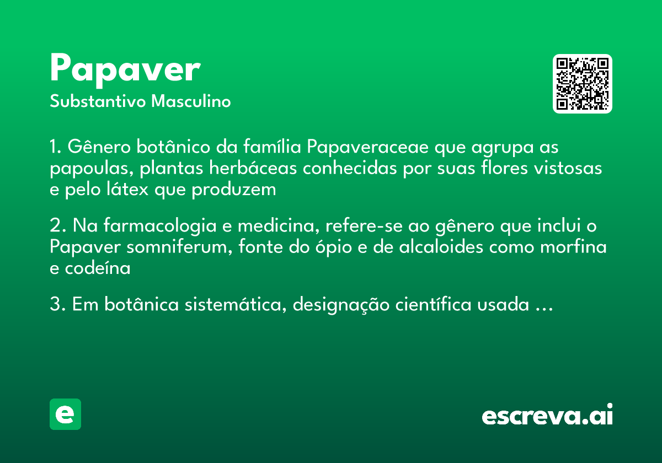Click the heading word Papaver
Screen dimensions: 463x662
coord(125,69)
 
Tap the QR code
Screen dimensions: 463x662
coord(583,84)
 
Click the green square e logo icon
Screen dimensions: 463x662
coord(65,414)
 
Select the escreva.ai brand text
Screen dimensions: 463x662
coord(547,416)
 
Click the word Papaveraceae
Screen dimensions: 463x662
coord(369,148)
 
